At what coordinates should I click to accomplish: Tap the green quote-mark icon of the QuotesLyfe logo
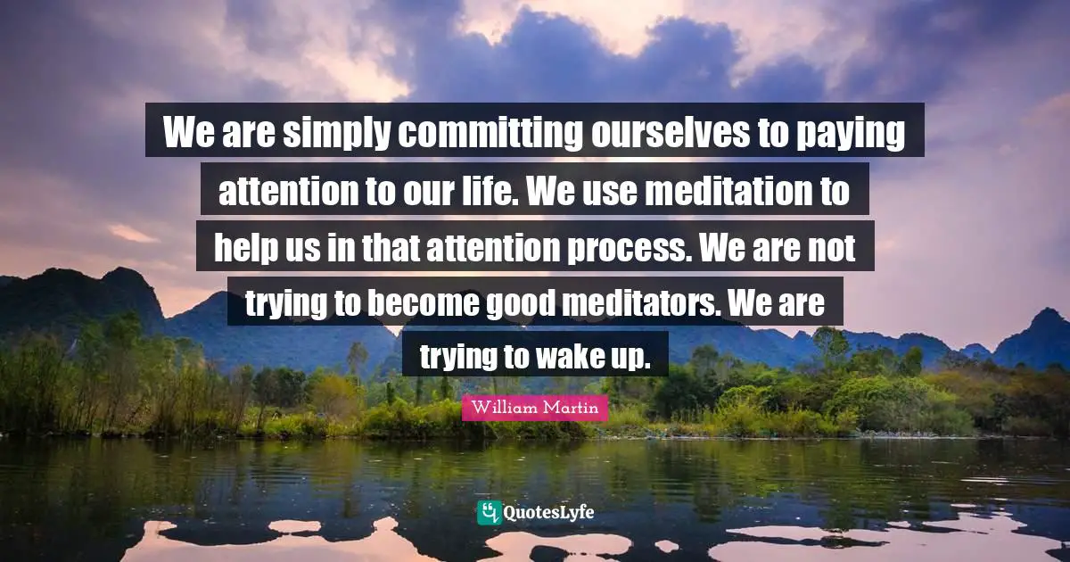[488, 513]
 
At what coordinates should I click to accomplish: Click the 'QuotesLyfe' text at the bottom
[547, 513]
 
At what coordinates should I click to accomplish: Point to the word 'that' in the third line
[379, 247]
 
